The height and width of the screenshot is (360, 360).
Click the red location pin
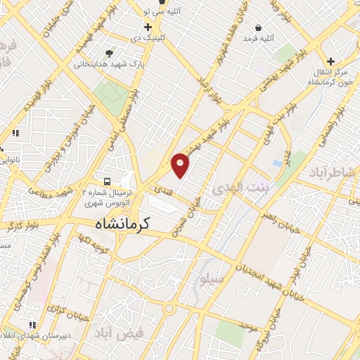[x=181, y=165]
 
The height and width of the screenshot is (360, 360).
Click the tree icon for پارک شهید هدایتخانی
[x=109, y=53]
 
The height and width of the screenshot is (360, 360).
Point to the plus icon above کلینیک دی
[x=148, y=27]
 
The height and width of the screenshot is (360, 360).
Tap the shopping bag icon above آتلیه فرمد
[x=259, y=28]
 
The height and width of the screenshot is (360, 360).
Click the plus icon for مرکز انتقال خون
[x=330, y=62]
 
